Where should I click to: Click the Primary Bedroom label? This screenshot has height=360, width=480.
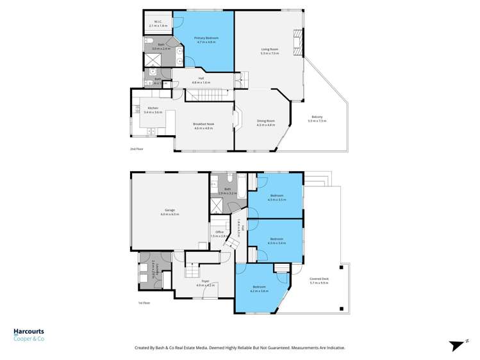coord(206,38)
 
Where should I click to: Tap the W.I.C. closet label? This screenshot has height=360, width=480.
coord(157,21)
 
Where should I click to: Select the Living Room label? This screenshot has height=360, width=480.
coord(269,49)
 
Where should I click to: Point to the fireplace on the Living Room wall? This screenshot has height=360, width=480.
coord(296,43)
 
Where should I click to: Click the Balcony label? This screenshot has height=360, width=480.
coord(316,117)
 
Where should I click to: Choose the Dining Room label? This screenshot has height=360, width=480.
coord(265,120)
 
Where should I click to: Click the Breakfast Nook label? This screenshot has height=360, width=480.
coord(204,124)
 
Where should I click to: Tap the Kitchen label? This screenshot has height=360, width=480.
coord(153,108)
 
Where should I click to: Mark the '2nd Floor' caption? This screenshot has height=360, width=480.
coord(137,149)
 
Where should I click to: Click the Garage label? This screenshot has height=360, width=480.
coord(170,210)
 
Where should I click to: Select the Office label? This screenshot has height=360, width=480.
coord(219,232)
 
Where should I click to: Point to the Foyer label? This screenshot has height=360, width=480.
coord(205,280)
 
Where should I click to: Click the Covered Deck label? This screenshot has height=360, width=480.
coord(319,279)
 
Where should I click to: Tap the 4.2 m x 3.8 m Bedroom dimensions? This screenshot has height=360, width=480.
coord(259,291)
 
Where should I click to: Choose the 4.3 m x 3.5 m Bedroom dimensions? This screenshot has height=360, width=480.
coord(277,200)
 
